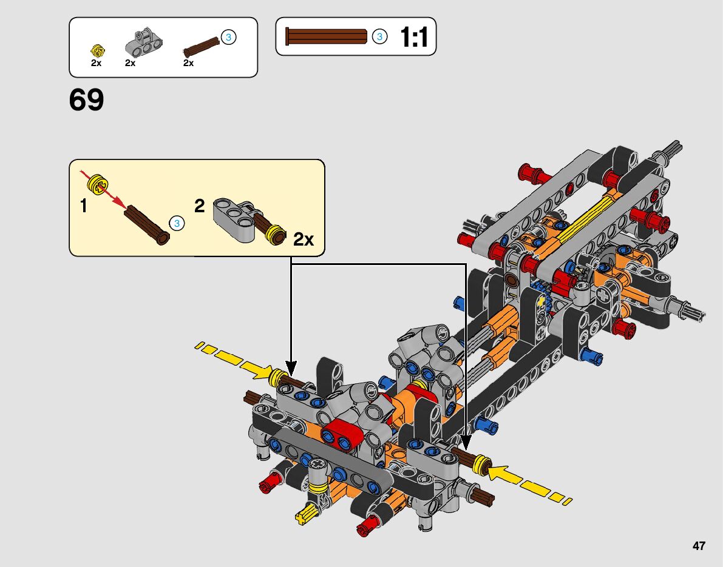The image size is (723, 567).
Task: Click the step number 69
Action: (86, 99)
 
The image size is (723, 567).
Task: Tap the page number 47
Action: (699, 546)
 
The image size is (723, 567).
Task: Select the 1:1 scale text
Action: (414, 37)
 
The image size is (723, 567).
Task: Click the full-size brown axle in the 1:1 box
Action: (327, 36)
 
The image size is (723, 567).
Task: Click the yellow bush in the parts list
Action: (98, 50)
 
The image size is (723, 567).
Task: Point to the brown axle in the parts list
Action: (202, 47)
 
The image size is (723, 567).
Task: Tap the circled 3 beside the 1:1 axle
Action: (379, 36)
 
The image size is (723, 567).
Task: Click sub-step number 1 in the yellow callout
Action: (83, 206)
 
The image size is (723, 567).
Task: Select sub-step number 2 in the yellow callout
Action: (199, 206)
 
